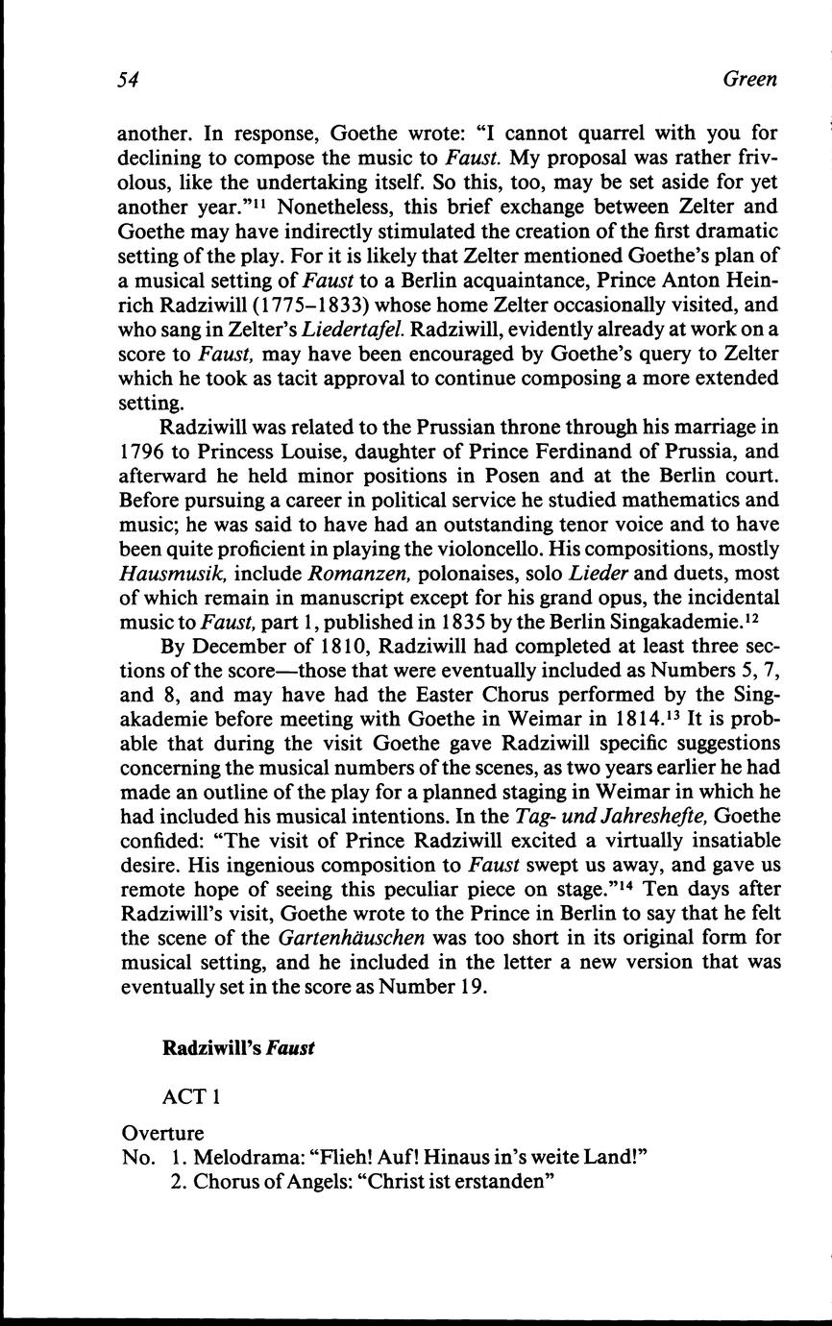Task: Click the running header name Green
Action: (x=749, y=81)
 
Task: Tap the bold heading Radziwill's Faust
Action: (x=239, y=1048)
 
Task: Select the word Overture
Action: (x=162, y=1133)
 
